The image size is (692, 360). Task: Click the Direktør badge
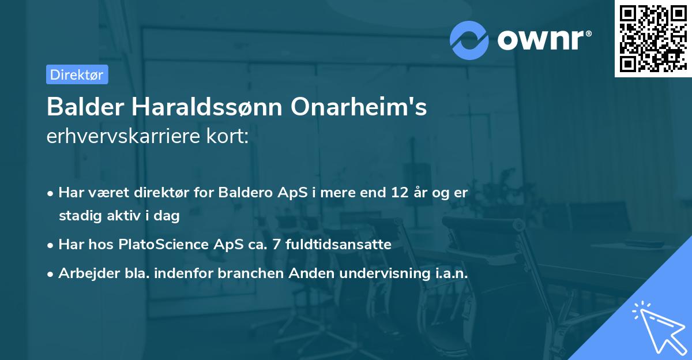coord(77,74)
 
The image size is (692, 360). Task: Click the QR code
coord(653,39)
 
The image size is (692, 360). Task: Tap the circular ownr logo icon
coord(469,40)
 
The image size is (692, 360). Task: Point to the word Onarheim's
coord(359,107)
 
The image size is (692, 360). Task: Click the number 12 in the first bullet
coord(401,193)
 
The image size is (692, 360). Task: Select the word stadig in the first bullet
coord(77,216)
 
